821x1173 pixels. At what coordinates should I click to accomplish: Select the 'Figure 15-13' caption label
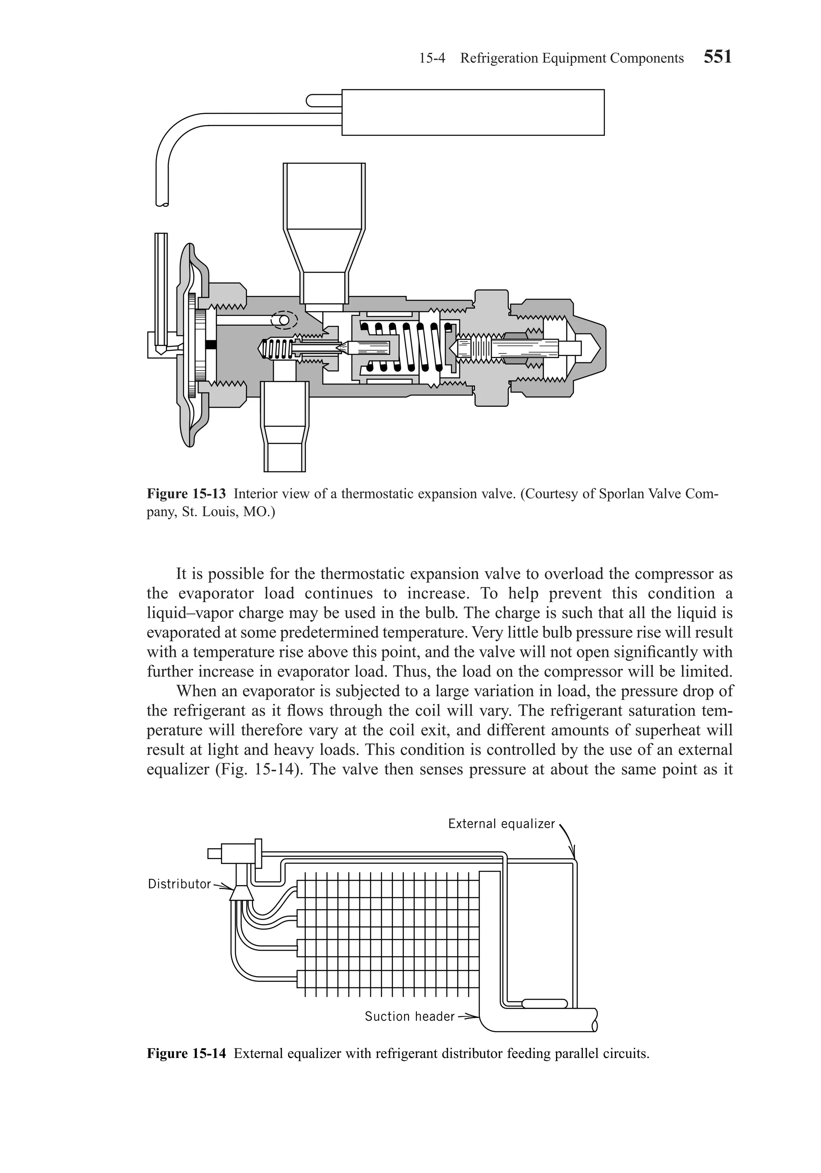pos(186,493)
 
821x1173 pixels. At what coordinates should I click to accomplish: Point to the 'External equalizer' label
pos(501,823)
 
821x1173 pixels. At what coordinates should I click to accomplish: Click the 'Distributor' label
pos(179,884)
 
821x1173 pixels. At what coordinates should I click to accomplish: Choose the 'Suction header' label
pos(409,1016)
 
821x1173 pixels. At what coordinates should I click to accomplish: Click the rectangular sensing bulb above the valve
pos(473,112)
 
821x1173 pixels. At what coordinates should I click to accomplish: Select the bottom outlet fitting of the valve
pos(285,429)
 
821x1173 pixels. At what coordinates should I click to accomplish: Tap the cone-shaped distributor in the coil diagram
pos(241,893)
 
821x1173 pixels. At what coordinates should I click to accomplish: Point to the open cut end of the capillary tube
pos(162,205)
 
